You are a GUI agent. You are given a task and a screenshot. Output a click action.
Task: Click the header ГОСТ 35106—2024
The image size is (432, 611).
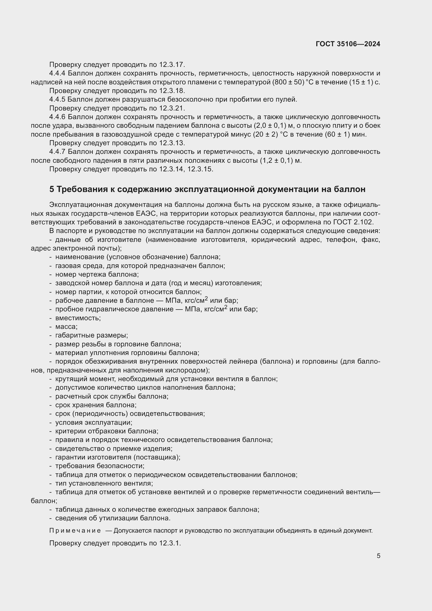348,44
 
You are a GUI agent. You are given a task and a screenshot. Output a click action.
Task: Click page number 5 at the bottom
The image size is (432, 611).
378,556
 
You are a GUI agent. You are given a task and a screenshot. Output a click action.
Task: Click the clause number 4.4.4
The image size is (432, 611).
57,73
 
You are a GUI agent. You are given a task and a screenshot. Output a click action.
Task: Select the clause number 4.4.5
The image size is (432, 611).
57,99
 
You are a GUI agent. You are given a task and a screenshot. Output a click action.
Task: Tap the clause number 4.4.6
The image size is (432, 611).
57,117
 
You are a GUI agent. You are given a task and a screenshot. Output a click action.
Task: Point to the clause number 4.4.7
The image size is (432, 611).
57,152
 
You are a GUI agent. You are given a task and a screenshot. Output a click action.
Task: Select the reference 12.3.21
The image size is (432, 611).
172,108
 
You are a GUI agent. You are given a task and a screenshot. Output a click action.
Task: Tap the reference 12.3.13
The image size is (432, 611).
172,143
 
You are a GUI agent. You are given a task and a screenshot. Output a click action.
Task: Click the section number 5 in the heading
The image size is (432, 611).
52,189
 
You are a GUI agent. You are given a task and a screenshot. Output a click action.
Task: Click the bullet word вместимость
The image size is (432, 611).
78,318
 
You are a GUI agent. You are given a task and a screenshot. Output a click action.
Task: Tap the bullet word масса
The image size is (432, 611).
66,327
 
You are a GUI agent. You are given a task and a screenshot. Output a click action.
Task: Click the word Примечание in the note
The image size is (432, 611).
75,531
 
